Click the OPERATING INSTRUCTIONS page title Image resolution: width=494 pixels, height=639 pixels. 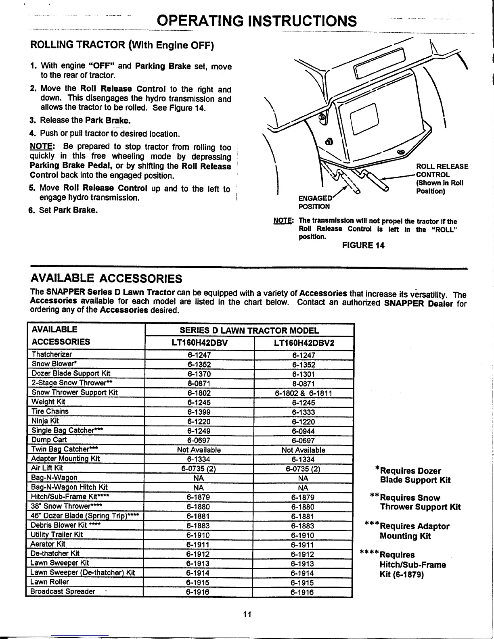tap(257, 20)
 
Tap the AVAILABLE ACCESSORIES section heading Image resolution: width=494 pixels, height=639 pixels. tap(106, 278)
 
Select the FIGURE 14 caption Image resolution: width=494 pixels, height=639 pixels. tap(363, 245)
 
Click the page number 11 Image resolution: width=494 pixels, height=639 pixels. tap(247, 614)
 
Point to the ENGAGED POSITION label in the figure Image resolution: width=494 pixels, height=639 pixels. tap(314, 202)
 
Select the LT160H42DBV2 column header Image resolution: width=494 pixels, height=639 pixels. tap(304, 343)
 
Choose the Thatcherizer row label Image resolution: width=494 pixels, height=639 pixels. tap(52, 354)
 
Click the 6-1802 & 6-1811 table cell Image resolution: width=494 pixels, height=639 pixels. tap(304, 393)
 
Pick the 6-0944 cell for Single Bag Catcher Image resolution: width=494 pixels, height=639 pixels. tap(304, 431)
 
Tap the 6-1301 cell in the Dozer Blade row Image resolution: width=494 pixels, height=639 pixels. tap(304, 374)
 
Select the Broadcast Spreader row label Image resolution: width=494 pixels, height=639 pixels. tap(63, 591)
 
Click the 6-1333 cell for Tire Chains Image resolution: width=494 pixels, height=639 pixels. tap(304, 412)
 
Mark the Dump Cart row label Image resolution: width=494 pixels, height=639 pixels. tap(49, 440)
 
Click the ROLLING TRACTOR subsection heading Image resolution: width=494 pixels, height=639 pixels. tap(122, 44)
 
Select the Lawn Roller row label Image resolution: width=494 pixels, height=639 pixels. tap(50, 582)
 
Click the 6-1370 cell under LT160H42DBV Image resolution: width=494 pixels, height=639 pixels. tap(199, 374)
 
